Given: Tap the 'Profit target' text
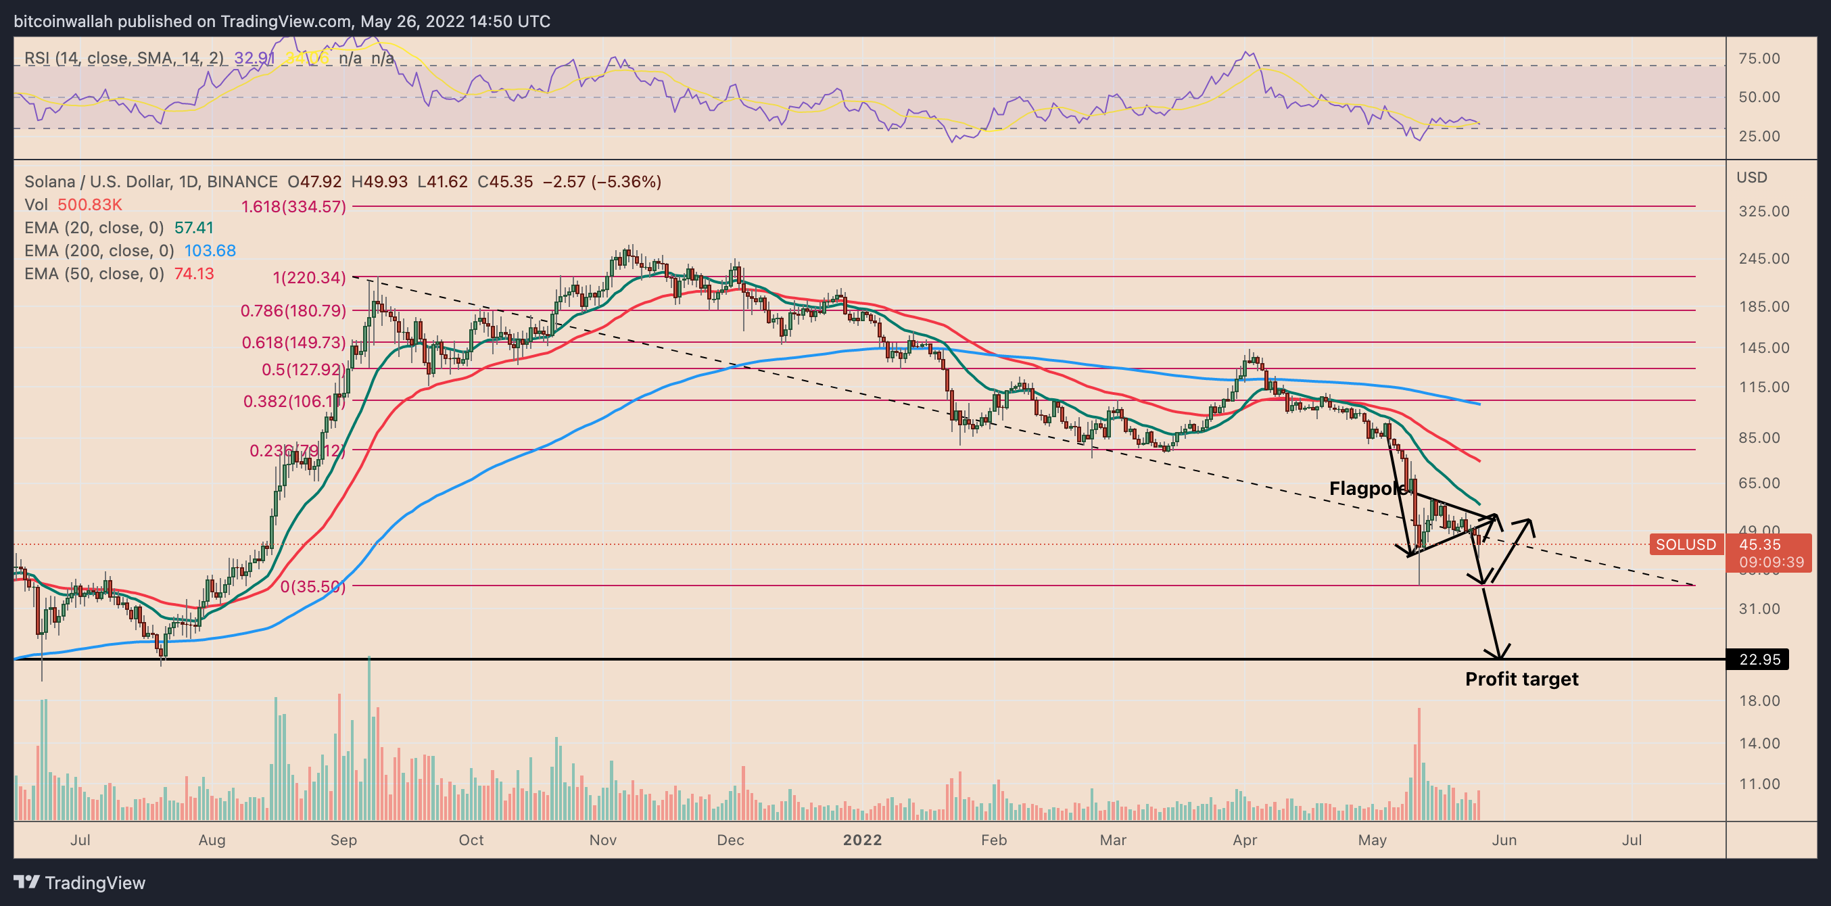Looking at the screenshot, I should [1521, 679].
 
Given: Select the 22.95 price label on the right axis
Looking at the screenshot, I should [1759, 659].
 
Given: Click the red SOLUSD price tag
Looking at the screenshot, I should [1685, 544].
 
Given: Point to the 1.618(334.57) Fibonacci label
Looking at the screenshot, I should [293, 207].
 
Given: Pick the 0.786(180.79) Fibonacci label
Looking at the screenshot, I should [293, 310].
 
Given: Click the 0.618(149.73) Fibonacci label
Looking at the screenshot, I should [293, 343].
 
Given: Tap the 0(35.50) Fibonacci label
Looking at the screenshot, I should [312, 586].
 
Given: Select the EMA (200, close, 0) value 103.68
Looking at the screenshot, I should [210, 251].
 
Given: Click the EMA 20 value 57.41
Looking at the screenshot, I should [194, 228].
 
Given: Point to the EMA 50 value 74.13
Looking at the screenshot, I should [194, 275].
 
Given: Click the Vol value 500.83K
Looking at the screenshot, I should [89, 205].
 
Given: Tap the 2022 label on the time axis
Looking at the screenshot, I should [861, 840].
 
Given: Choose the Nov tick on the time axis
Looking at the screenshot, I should [602, 840].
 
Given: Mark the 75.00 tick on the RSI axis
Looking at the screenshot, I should [1759, 58].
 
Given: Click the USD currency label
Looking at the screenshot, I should [1751, 178].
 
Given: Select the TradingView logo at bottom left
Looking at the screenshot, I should [80, 882].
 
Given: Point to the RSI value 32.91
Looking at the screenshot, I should [254, 58].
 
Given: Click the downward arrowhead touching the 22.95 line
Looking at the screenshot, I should [1498, 652].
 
